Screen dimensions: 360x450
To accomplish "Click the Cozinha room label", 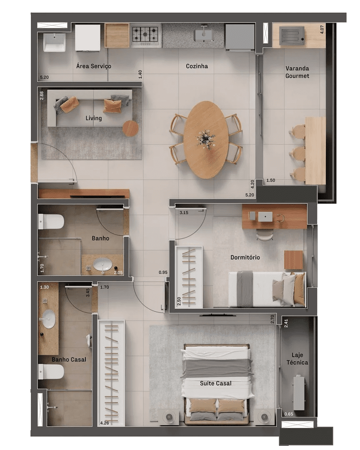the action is pyautogui.click(x=197, y=66).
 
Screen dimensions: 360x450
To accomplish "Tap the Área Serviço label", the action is pyautogui.click(x=94, y=66).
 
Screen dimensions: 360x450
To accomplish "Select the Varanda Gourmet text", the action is pyautogui.click(x=297, y=72).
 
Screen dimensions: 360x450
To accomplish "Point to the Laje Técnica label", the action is pyautogui.click(x=297, y=359).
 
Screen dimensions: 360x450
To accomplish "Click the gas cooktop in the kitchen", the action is pyautogui.click(x=145, y=34).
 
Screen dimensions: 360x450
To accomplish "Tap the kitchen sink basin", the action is pyautogui.click(x=204, y=35).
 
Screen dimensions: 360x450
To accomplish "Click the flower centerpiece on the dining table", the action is pyautogui.click(x=206, y=140).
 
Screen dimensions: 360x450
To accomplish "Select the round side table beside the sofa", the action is pyautogui.click(x=130, y=128).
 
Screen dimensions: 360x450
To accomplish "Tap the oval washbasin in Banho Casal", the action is pyautogui.click(x=48, y=319).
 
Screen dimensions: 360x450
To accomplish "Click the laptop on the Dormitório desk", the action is pyautogui.click(x=265, y=216).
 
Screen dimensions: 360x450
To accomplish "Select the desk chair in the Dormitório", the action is pyautogui.click(x=265, y=236).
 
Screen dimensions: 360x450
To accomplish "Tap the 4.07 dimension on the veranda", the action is pyautogui.click(x=322, y=29).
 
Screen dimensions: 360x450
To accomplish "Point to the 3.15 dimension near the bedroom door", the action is pyautogui.click(x=184, y=212).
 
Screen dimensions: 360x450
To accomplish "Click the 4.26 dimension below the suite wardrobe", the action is pyautogui.click(x=105, y=423).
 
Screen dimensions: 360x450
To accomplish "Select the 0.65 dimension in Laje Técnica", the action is pyautogui.click(x=289, y=414).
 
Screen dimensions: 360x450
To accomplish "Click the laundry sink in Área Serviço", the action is pyautogui.click(x=55, y=42).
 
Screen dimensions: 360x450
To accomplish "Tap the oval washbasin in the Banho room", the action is pyautogui.click(x=103, y=265).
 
